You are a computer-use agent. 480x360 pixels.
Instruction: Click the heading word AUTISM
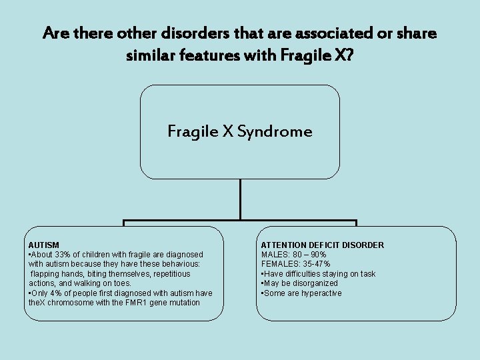pyautogui.click(x=43, y=245)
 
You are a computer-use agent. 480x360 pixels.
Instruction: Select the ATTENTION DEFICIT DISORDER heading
pyautogui.click(x=322, y=245)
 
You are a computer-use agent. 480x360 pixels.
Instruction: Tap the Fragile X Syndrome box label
pyautogui.click(x=240, y=131)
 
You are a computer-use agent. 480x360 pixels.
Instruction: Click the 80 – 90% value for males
pyautogui.click(x=309, y=255)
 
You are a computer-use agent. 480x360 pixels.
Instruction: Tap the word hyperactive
pyautogui.click(x=321, y=293)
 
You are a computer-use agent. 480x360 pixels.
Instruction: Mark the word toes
pyautogui.click(x=120, y=283)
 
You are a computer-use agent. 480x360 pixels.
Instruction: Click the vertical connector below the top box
pyautogui.click(x=240, y=200)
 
